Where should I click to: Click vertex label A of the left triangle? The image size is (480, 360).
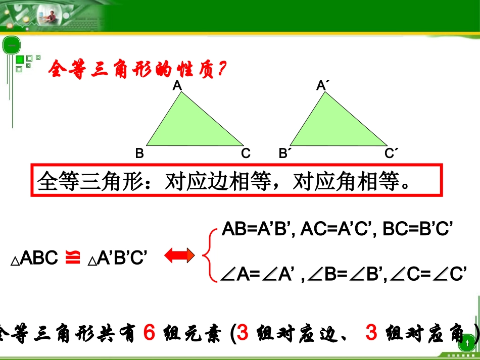(177, 86)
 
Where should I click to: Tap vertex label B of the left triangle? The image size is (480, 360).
(139, 154)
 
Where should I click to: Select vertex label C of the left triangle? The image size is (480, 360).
(246, 154)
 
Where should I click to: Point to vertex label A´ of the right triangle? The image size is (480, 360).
(322, 86)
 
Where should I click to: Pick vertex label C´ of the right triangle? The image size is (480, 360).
(391, 153)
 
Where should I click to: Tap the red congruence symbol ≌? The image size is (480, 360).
(73, 258)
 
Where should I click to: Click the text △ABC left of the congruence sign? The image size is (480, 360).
(34, 259)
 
